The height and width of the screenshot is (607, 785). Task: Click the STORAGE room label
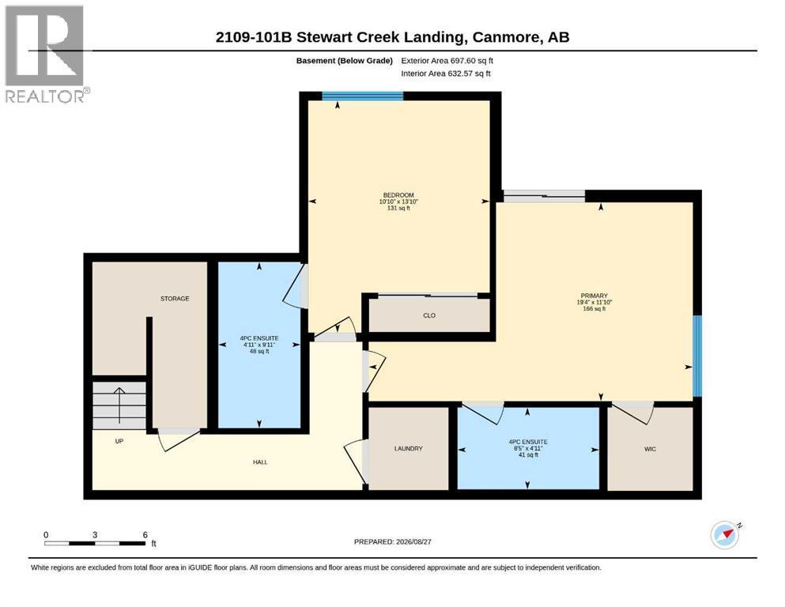point(175,299)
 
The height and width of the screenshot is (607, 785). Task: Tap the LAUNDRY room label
point(409,449)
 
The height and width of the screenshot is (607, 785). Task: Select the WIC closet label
point(650,450)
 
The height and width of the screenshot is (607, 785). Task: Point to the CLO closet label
point(429,316)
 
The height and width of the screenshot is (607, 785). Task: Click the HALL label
point(260,462)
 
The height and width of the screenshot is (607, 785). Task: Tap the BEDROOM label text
point(398,195)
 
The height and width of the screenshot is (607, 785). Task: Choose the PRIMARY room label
point(594,296)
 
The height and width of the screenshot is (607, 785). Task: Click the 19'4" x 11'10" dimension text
point(594,302)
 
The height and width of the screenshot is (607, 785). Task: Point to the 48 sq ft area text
point(259,351)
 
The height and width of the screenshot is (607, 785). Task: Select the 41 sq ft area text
point(528,455)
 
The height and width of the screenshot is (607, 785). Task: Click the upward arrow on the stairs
point(119,405)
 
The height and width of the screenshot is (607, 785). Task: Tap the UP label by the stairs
point(119,441)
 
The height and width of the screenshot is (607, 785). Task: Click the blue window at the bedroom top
point(363,96)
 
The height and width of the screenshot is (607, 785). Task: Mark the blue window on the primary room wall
point(697,356)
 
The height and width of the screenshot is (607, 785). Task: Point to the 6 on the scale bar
point(145,535)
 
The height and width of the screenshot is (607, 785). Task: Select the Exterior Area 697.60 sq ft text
point(447,61)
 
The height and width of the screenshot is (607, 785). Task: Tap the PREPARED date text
point(392,541)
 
